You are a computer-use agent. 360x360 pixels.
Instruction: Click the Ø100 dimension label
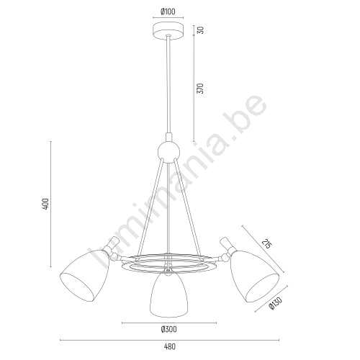click(x=168, y=12)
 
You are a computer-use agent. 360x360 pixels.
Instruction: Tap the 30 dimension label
click(x=201, y=30)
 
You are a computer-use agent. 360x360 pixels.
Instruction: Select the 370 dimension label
click(x=201, y=89)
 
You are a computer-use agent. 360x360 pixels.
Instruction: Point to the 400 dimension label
click(x=45, y=204)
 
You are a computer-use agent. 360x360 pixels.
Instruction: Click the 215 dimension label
click(x=266, y=243)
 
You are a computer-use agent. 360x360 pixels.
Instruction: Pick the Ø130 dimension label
click(x=276, y=303)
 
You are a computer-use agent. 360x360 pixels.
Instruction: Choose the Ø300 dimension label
click(x=169, y=330)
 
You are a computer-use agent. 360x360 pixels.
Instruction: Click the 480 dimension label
click(x=170, y=346)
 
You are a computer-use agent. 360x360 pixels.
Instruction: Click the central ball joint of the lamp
click(x=168, y=152)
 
